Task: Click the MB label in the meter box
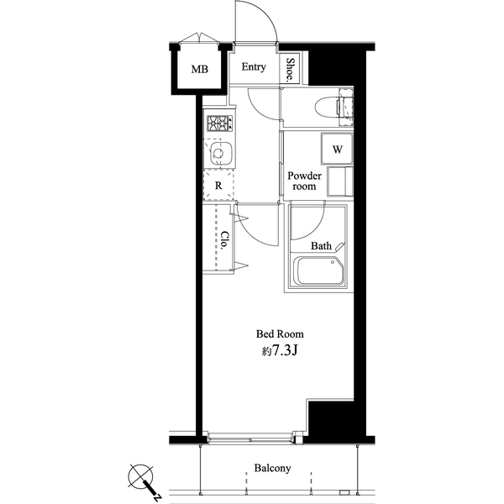[x=199, y=69]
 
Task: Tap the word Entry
[x=254, y=67]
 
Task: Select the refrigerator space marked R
[x=218, y=186]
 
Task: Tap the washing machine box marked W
[x=338, y=149]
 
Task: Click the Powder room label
[x=303, y=181]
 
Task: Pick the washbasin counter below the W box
[x=340, y=181]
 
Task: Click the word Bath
[x=321, y=246]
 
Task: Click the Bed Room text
[x=281, y=333]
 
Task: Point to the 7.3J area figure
[x=281, y=352]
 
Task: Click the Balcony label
[x=272, y=468]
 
